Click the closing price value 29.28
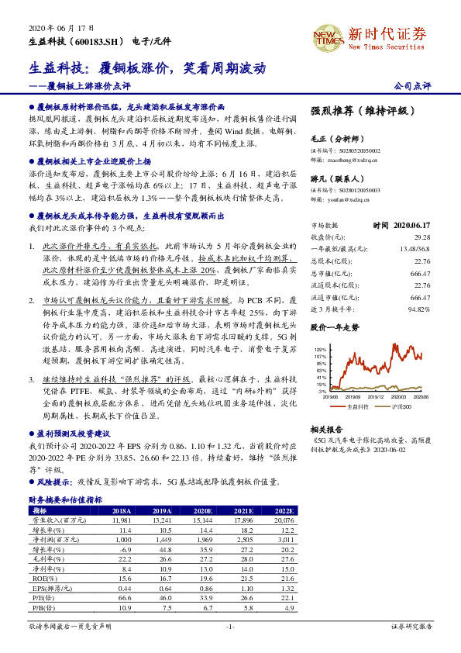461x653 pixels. tap(421, 237)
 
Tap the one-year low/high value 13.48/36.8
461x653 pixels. tap(413, 249)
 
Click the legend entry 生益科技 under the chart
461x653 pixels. tap(357, 406)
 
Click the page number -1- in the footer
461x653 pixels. tap(230, 625)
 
